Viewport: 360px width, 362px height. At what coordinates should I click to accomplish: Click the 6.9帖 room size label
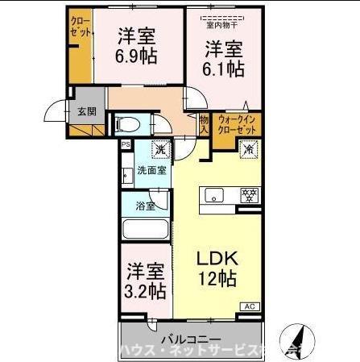pos(136,47)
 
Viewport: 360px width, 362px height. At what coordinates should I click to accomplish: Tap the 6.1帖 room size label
pos(223,57)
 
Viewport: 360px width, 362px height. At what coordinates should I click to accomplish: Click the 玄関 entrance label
pos(86,111)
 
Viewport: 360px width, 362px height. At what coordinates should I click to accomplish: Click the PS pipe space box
pos(125,144)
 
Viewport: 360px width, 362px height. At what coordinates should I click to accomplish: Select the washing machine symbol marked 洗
pos(160,150)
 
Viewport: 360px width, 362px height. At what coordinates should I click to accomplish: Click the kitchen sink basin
pos(215,194)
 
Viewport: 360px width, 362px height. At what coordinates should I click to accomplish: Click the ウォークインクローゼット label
pos(238,124)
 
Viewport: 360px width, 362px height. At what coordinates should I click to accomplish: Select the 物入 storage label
pos(204,124)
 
